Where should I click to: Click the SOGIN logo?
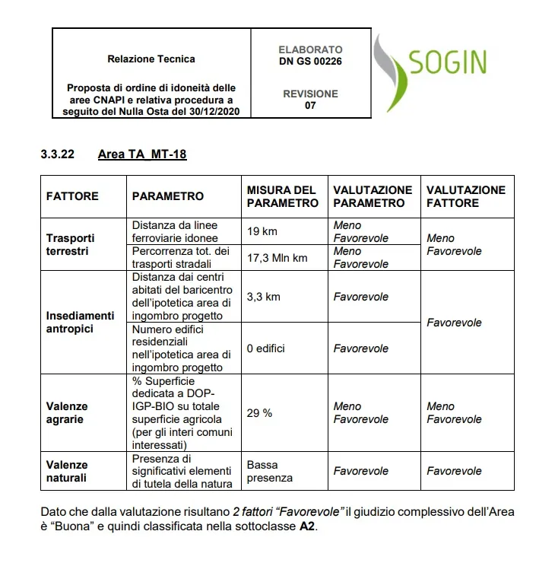(430, 71)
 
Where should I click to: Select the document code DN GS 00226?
(309, 62)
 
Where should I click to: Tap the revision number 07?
(310, 106)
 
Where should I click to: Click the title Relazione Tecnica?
(151, 59)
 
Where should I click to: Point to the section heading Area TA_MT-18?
(142, 154)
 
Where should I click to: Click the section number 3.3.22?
(57, 154)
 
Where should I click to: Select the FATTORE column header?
(72, 196)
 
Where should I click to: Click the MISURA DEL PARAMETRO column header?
(282, 196)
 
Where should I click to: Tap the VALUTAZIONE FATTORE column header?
(465, 196)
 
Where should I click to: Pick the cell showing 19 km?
(262, 231)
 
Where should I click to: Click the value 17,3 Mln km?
(277, 258)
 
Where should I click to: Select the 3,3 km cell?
(264, 296)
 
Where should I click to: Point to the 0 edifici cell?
(265, 348)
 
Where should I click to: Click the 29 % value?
(259, 412)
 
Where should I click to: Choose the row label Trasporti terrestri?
(70, 244)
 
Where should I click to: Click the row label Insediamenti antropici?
(80, 322)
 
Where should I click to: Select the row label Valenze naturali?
(67, 471)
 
